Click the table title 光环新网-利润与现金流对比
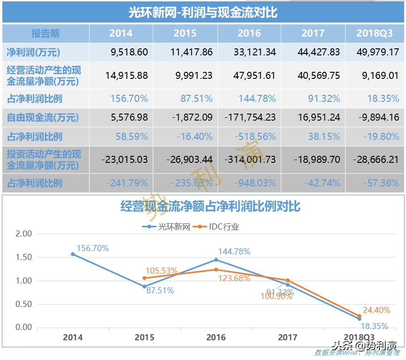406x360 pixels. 203,12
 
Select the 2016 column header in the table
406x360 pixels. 249,33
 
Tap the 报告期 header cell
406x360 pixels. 45,33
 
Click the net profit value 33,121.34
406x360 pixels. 249,52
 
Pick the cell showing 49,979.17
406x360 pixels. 377,52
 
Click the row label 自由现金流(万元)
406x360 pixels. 43,117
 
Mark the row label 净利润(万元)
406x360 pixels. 33,52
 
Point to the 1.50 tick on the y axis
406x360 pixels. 23,257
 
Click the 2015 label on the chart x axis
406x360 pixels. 144,337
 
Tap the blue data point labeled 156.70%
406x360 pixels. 73,254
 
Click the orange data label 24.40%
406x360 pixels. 376,310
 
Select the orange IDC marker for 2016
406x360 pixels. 216,269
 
